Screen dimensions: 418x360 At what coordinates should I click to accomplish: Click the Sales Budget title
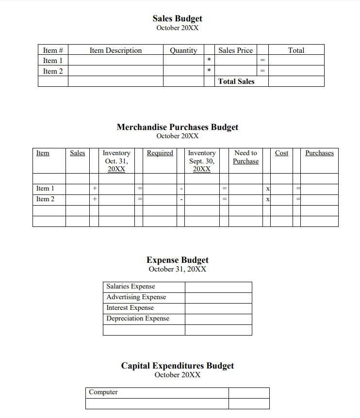[x=177, y=18]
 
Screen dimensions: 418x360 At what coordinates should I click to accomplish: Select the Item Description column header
[x=115, y=50]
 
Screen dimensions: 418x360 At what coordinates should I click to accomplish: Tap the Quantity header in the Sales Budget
[x=183, y=50]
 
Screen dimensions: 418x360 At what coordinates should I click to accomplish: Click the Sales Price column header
[x=235, y=50]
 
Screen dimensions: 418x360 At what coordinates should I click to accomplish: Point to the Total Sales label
[x=236, y=81]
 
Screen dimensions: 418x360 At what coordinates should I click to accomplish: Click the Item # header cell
[x=53, y=50]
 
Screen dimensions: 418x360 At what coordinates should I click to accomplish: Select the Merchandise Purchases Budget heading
[x=177, y=127]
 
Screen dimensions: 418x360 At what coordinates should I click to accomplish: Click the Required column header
[x=160, y=153]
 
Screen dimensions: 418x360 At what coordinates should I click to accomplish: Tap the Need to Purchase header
[x=245, y=157]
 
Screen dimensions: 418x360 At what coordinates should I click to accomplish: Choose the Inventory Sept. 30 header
[x=201, y=161]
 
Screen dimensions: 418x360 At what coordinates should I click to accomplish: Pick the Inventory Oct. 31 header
[x=116, y=161]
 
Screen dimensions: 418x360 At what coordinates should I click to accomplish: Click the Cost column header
[x=281, y=153]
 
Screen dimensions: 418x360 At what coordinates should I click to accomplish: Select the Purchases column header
[x=319, y=153]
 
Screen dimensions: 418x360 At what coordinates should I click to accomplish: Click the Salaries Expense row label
[x=131, y=287]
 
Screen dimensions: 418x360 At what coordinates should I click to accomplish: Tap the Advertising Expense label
[x=136, y=297]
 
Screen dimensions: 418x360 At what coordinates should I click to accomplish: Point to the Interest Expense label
[x=130, y=308]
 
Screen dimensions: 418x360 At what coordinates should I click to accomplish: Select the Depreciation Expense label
[x=138, y=319]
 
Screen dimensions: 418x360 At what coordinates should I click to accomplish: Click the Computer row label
[x=103, y=392]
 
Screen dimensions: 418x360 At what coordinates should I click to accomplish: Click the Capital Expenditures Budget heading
[x=177, y=366]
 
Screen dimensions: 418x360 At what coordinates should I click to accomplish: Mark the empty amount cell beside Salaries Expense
[x=218, y=287]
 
